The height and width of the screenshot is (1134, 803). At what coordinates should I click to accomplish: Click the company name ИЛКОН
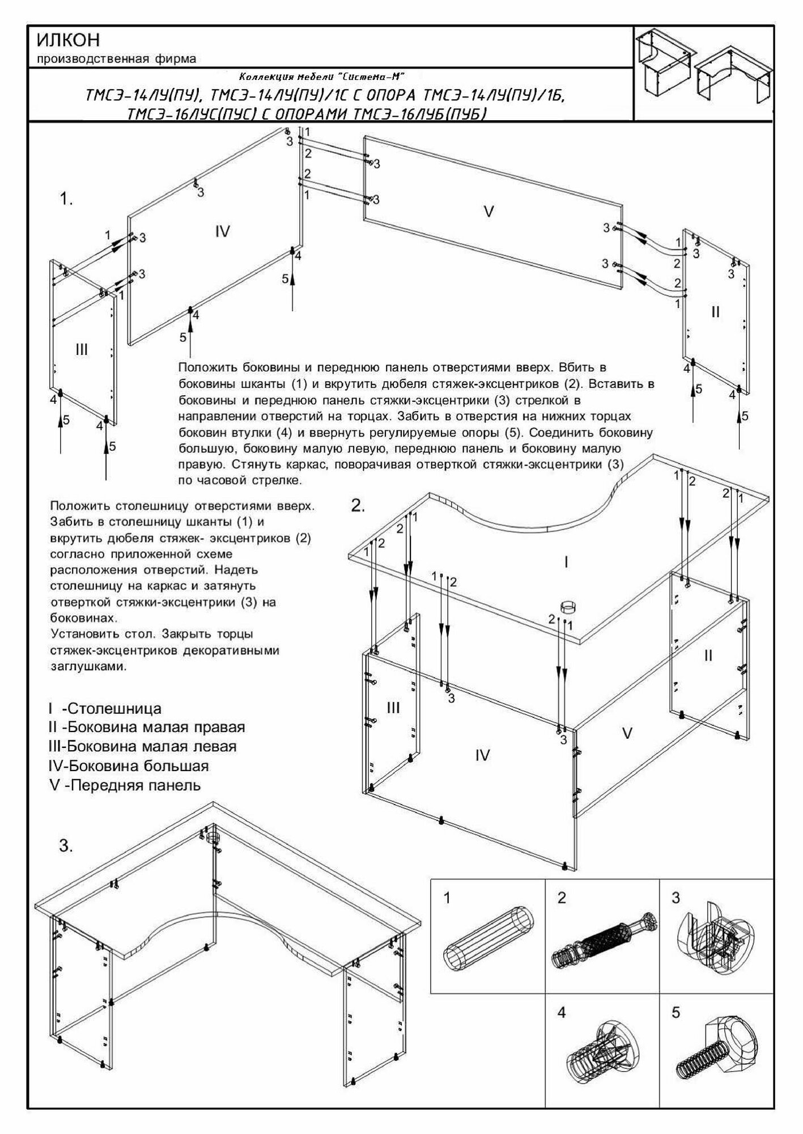(x=68, y=40)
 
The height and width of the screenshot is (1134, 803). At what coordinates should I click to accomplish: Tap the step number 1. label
(x=67, y=200)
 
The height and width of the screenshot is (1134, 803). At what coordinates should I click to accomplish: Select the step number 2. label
(x=358, y=506)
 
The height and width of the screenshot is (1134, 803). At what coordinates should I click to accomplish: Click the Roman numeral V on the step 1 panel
(x=488, y=212)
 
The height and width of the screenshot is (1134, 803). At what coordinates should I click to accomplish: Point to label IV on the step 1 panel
(x=223, y=231)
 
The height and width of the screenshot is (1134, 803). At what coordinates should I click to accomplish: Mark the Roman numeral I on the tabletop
(x=566, y=562)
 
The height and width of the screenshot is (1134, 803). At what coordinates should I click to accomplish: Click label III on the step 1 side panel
(x=82, y=349)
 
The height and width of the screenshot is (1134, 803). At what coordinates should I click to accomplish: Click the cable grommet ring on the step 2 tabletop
(x=567, y=606)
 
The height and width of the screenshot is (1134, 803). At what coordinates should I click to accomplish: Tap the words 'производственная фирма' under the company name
(x=116, y=58)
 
